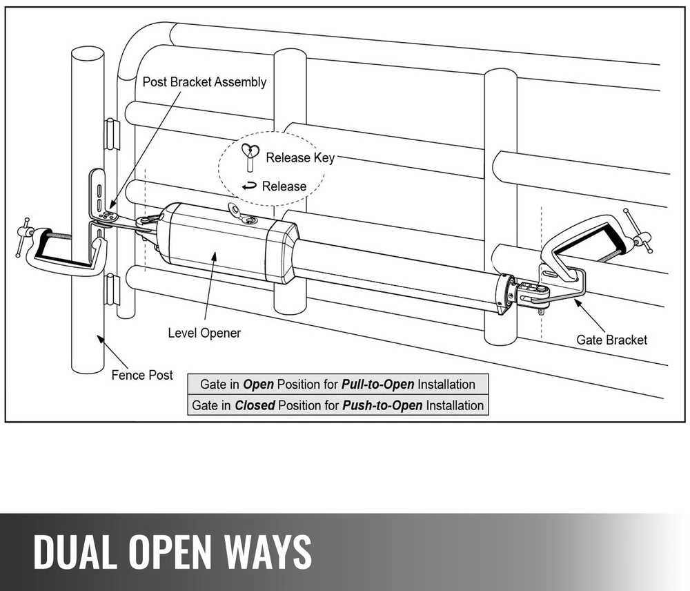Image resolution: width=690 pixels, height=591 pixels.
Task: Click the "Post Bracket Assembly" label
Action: click(x=204, y=82)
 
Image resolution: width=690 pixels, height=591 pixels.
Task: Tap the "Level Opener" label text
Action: click(x=204, y=333)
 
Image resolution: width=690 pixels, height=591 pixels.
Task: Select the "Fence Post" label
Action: click(x=142, y=375)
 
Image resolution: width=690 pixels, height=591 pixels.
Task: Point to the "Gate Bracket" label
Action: click(x=611, y=340)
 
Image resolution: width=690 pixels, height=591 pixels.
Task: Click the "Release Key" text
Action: click(x=300, y=157)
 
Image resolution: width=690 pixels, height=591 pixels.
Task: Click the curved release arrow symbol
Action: click(x=249, y=186)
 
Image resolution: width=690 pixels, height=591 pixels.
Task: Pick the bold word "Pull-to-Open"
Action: click(x=377, y=385)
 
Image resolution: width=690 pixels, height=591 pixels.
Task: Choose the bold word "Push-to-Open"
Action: click(x=382, y=405)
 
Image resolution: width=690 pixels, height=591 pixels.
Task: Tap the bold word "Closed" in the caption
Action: click(x=255, y=405)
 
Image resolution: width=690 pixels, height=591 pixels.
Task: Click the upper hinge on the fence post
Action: click(x=112, y=134)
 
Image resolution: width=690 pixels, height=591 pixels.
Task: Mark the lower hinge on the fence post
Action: click(x=112, y=289)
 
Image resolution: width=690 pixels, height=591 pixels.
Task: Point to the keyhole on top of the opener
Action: click(x=252, y=219)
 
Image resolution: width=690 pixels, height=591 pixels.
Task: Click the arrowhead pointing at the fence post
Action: click(x=101, y=339)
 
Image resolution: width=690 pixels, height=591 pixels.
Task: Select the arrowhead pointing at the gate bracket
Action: click(x=577, y=303)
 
